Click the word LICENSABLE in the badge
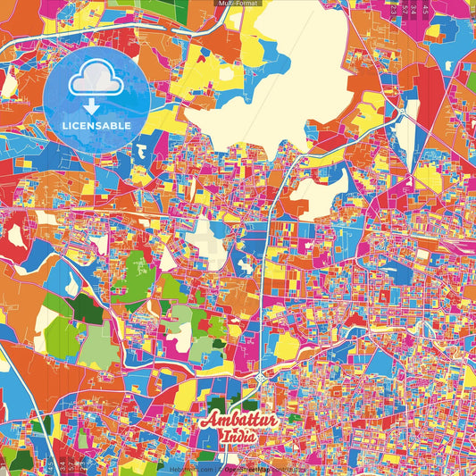tap(97, 126)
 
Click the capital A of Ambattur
tap(211, 420)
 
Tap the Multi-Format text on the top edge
tap(238, 4)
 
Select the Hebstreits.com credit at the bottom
tap(191, 469)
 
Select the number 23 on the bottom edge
tap(52, 466)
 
